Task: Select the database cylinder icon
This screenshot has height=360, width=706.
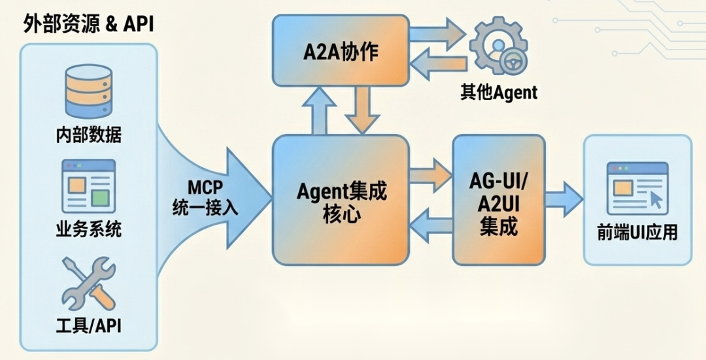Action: click(88, 92)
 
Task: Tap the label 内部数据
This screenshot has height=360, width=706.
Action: click(88, 135)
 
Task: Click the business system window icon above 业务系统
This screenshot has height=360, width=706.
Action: click(88, 184)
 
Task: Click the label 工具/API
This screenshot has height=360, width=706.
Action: click(88, 325)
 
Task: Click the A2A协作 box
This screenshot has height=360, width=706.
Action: click(341, 51)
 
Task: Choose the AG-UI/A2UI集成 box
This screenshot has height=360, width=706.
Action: click(498, 199)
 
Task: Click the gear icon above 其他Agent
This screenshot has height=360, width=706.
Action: click(498, 50)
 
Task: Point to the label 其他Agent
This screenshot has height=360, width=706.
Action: click(498, 92)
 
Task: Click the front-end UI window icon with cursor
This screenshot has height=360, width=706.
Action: click(637, 188)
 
